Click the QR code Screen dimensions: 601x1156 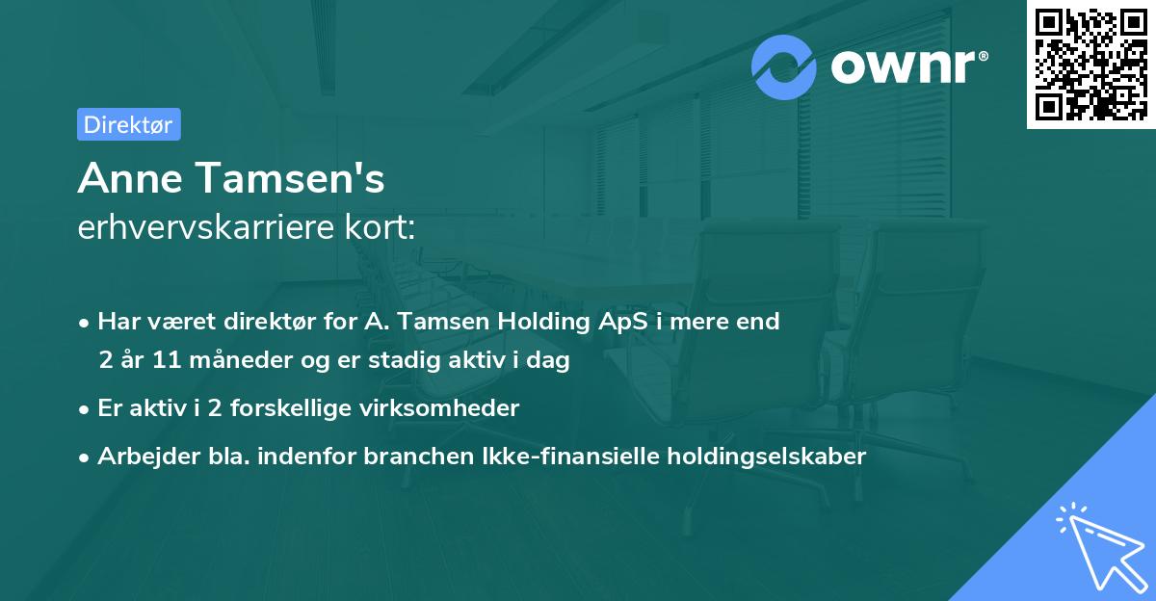(x=1090, y=65)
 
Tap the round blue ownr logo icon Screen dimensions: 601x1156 (x=784, y=66)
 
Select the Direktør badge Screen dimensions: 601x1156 (x=128, y=124)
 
